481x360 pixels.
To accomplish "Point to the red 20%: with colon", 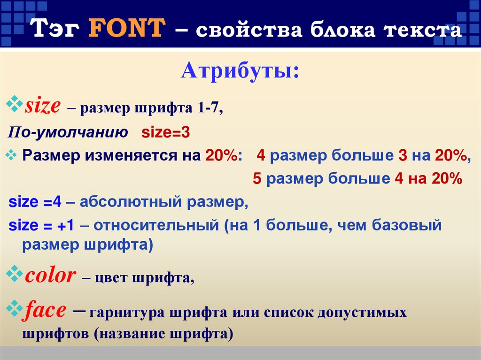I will coord(221,156).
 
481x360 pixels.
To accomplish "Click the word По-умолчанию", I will coord(68,133).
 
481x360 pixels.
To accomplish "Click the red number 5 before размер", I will coord(256,179).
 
